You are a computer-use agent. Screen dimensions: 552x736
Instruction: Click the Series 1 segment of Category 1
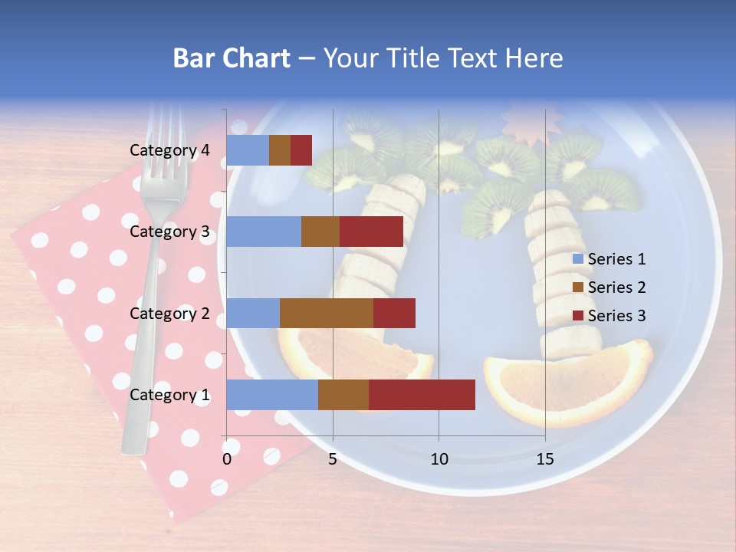[272, 395]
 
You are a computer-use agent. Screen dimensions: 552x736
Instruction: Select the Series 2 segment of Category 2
[327, 313]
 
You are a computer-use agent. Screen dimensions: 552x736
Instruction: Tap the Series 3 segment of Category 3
[371, 232]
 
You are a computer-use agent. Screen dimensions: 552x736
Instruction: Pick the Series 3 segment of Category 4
[301, 150]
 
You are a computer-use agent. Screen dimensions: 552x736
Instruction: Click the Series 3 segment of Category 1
[422, 395]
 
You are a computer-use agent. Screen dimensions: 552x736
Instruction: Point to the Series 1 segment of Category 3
[264, 232]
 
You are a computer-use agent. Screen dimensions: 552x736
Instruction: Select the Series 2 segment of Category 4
[280, 150]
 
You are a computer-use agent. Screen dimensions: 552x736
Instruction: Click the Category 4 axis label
[169, 150]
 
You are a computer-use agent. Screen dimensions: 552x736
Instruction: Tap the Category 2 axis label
[169, 313]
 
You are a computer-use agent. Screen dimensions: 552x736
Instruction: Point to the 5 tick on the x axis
[333, 459]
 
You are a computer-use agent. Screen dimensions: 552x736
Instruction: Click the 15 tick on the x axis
[544, 459]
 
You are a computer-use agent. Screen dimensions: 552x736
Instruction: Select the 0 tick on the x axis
[227, 459]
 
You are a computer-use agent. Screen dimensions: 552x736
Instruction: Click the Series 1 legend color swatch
[577, 260]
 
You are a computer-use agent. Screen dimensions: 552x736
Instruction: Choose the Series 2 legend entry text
[616, 287]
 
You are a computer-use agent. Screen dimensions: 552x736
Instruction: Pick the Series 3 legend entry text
[616, 316]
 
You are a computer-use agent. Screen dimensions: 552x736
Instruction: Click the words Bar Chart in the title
[231, 58]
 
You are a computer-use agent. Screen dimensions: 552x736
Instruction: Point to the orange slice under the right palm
[567, 387]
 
